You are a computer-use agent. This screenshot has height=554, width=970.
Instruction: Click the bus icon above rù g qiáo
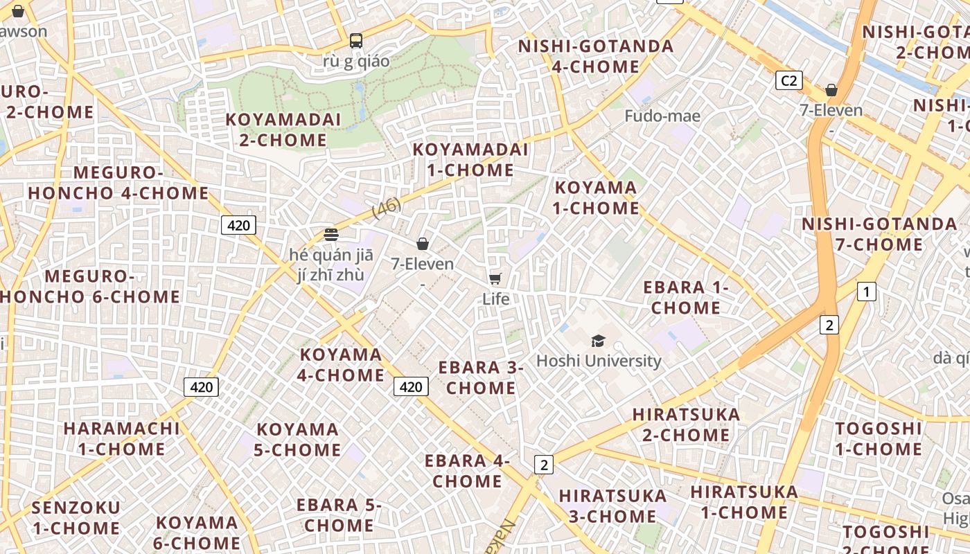tap(356, 41)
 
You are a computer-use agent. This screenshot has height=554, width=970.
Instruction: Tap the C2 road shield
tap(788, 81)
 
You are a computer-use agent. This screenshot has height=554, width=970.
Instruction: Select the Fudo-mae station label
tap(662, 116)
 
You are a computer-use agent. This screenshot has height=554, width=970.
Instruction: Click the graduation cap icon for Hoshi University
tap(598, 341)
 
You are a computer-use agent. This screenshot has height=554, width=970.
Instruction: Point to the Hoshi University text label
tap(599, 361)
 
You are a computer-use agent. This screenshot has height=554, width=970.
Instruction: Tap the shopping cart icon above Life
tap(495, 278)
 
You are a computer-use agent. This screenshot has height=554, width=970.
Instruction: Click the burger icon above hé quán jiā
tap(330, 234)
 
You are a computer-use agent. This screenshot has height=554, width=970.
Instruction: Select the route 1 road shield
tap(866, 292)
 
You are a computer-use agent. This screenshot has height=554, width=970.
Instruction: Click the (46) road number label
tap(387, 208)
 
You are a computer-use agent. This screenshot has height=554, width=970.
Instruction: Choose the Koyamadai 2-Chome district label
tap(283, 129)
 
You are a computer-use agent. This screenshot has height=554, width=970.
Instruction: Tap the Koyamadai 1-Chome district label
tap(470, 160)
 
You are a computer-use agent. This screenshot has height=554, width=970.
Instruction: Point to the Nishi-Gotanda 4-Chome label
tap(596, 56)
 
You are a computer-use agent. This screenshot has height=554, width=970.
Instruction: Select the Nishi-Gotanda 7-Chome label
tap(880, 234)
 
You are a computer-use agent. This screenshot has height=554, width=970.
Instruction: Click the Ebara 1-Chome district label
tap(686, 297)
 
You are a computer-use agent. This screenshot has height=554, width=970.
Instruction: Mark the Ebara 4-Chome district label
tap(467, 470)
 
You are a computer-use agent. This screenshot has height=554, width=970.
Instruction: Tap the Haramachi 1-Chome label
tap(121, 438)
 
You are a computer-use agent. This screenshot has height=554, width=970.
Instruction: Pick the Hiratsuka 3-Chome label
tap(612, 506)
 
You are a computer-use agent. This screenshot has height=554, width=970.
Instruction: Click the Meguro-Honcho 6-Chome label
tap(90, 287)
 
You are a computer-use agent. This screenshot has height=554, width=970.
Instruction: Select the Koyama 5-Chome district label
tap(297, 439)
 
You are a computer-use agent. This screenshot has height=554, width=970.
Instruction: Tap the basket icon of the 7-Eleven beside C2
tap(831, 90)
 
